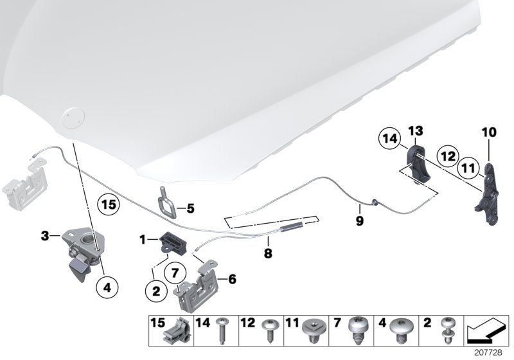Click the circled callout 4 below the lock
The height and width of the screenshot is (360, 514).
pyautogui.click(x=107, y=288)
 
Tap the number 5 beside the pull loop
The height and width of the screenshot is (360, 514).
pyautogui.click(x=190, y=208)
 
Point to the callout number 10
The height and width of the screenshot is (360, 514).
pyautogui.click(x=490, y=133)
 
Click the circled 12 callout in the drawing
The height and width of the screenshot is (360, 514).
pyautogui.click(x=447, y=155)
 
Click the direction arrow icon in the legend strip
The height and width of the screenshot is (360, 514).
pyautogui.click(x=486, y=334)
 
